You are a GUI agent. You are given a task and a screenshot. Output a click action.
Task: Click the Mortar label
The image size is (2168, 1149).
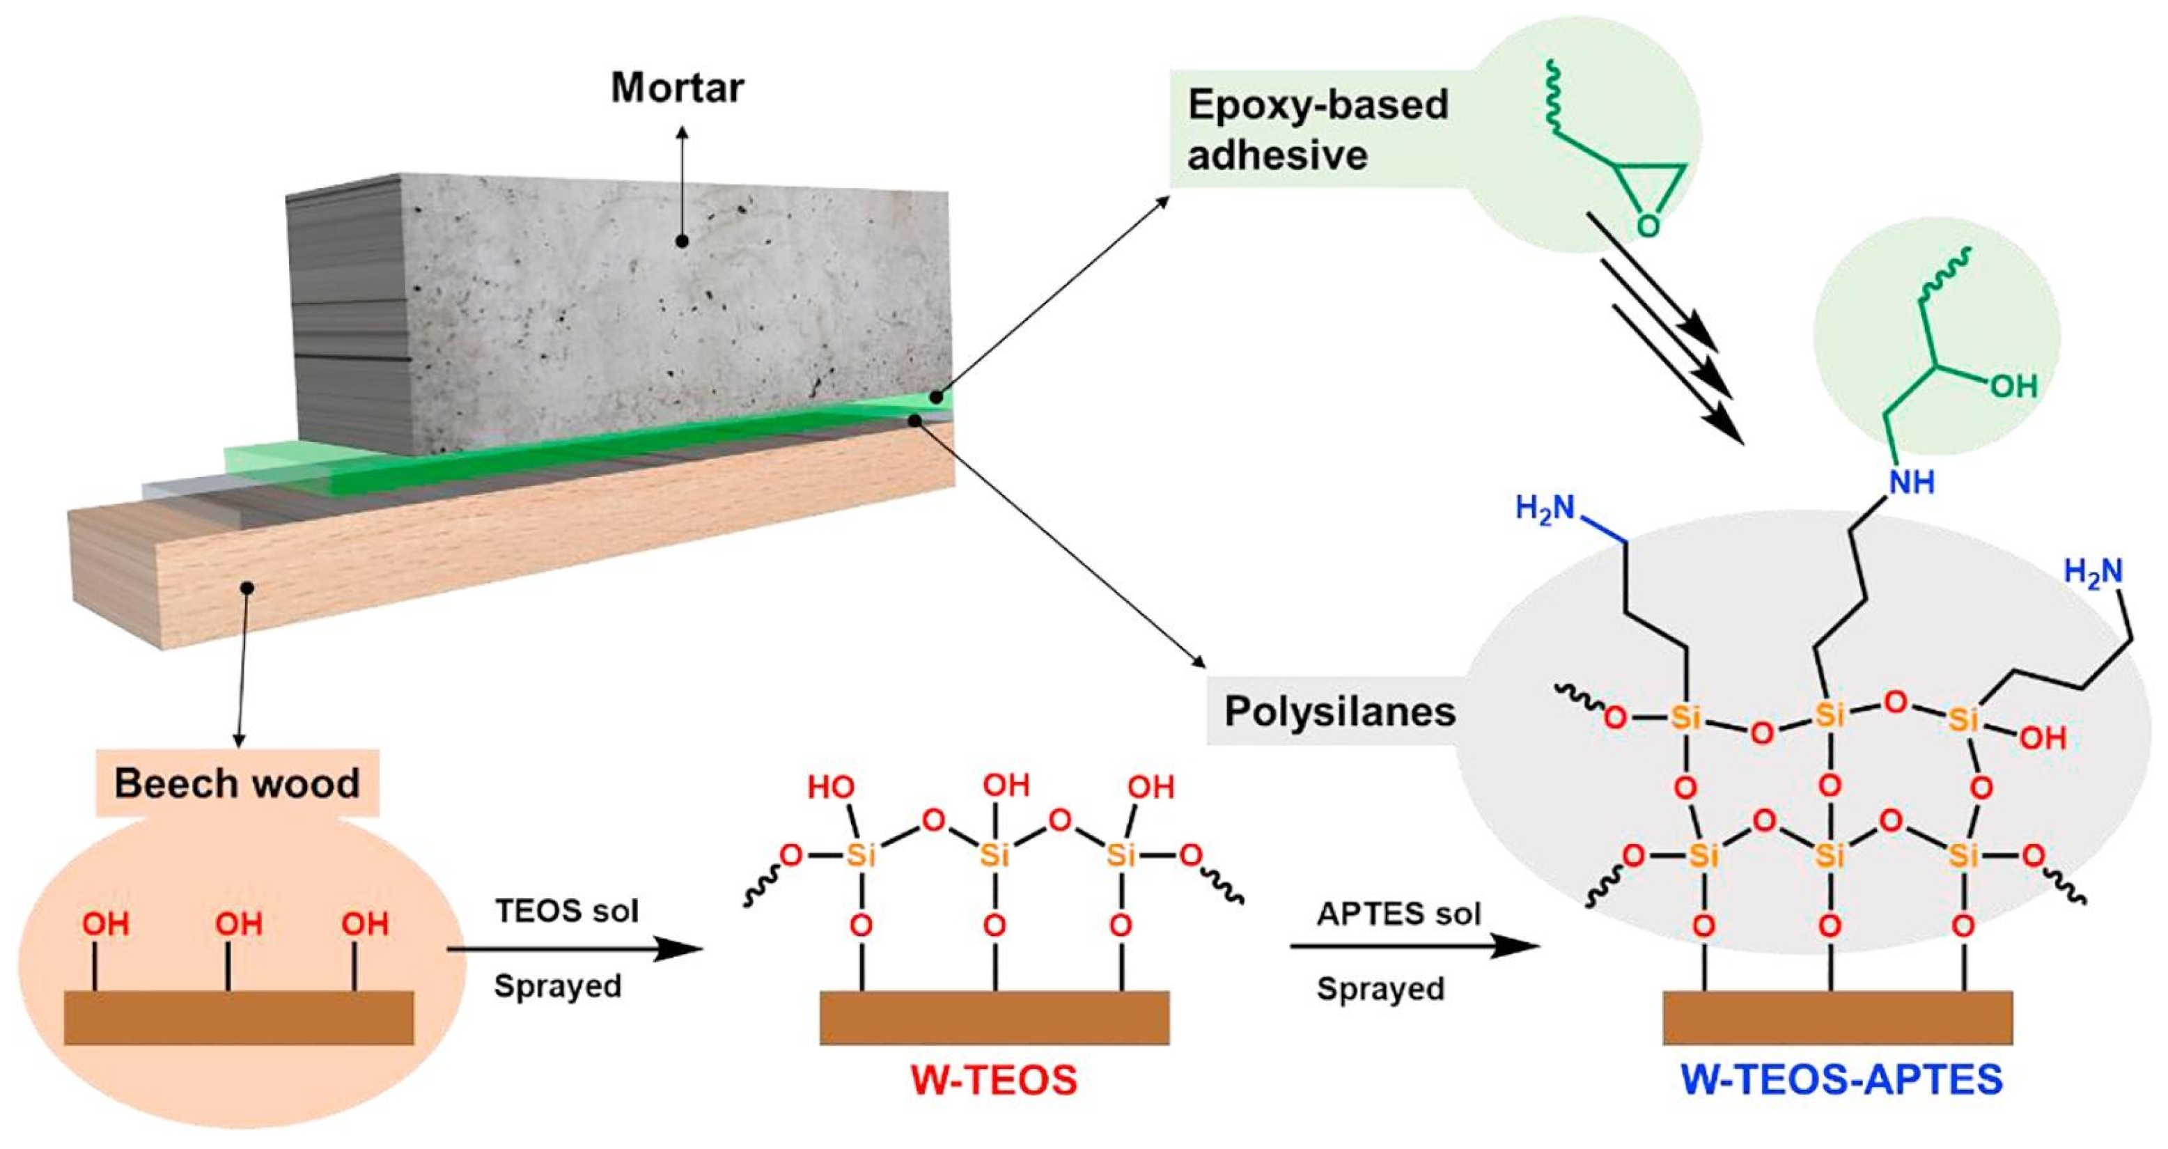point(678,88)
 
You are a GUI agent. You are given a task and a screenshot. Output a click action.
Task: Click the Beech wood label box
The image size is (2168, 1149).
point(237,783)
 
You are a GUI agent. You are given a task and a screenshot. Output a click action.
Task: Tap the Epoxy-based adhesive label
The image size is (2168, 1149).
point(1317,130)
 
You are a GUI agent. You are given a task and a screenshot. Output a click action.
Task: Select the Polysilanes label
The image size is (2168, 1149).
point(1339,711)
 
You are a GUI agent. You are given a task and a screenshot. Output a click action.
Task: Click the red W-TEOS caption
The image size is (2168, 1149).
point(993,1080)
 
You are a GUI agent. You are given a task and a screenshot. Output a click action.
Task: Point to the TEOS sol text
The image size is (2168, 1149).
point(566,910)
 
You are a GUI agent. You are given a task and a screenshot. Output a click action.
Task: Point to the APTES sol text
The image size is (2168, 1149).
point(1398,914)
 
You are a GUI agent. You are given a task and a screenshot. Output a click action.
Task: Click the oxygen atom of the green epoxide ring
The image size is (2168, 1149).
point(1648,226)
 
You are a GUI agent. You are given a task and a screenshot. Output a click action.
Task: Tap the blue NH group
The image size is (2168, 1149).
point(1912,483)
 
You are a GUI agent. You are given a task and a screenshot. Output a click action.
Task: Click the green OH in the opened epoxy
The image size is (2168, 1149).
point(2013,386)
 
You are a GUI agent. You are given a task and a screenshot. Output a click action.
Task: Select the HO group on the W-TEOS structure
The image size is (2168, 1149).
point(831,787)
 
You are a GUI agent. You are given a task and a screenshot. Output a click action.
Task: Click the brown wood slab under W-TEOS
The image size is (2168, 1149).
point(994,1017)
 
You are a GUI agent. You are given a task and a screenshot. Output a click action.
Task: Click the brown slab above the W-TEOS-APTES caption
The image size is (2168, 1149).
point(1837,1017)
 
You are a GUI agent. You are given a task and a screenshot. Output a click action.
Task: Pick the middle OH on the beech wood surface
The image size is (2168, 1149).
point(238,923)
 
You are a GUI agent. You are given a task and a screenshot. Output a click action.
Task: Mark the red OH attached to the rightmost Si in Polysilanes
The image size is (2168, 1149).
point(2043,738)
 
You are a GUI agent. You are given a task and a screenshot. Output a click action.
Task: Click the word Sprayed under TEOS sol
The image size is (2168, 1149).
point(557,985)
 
